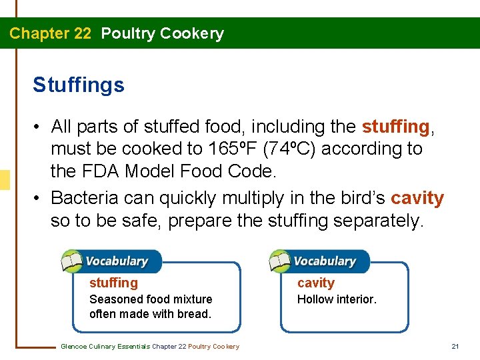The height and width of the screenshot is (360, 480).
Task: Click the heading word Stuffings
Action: point(78,85)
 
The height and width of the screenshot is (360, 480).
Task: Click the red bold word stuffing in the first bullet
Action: point(395,126)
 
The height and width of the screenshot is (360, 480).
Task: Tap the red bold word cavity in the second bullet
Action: point(417,198)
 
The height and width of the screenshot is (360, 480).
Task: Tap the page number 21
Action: point(455,346)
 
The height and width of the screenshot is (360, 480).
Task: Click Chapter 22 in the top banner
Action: point(50,33)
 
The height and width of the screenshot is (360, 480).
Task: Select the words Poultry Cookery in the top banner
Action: point(162,33)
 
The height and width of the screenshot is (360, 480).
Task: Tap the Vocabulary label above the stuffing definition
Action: point(116,261)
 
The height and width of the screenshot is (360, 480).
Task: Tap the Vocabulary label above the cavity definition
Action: point(325,261)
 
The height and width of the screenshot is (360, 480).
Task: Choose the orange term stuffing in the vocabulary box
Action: point(113,283)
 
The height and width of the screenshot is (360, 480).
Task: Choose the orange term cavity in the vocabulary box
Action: point(315,283)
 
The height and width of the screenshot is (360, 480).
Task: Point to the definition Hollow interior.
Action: point(337,299)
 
